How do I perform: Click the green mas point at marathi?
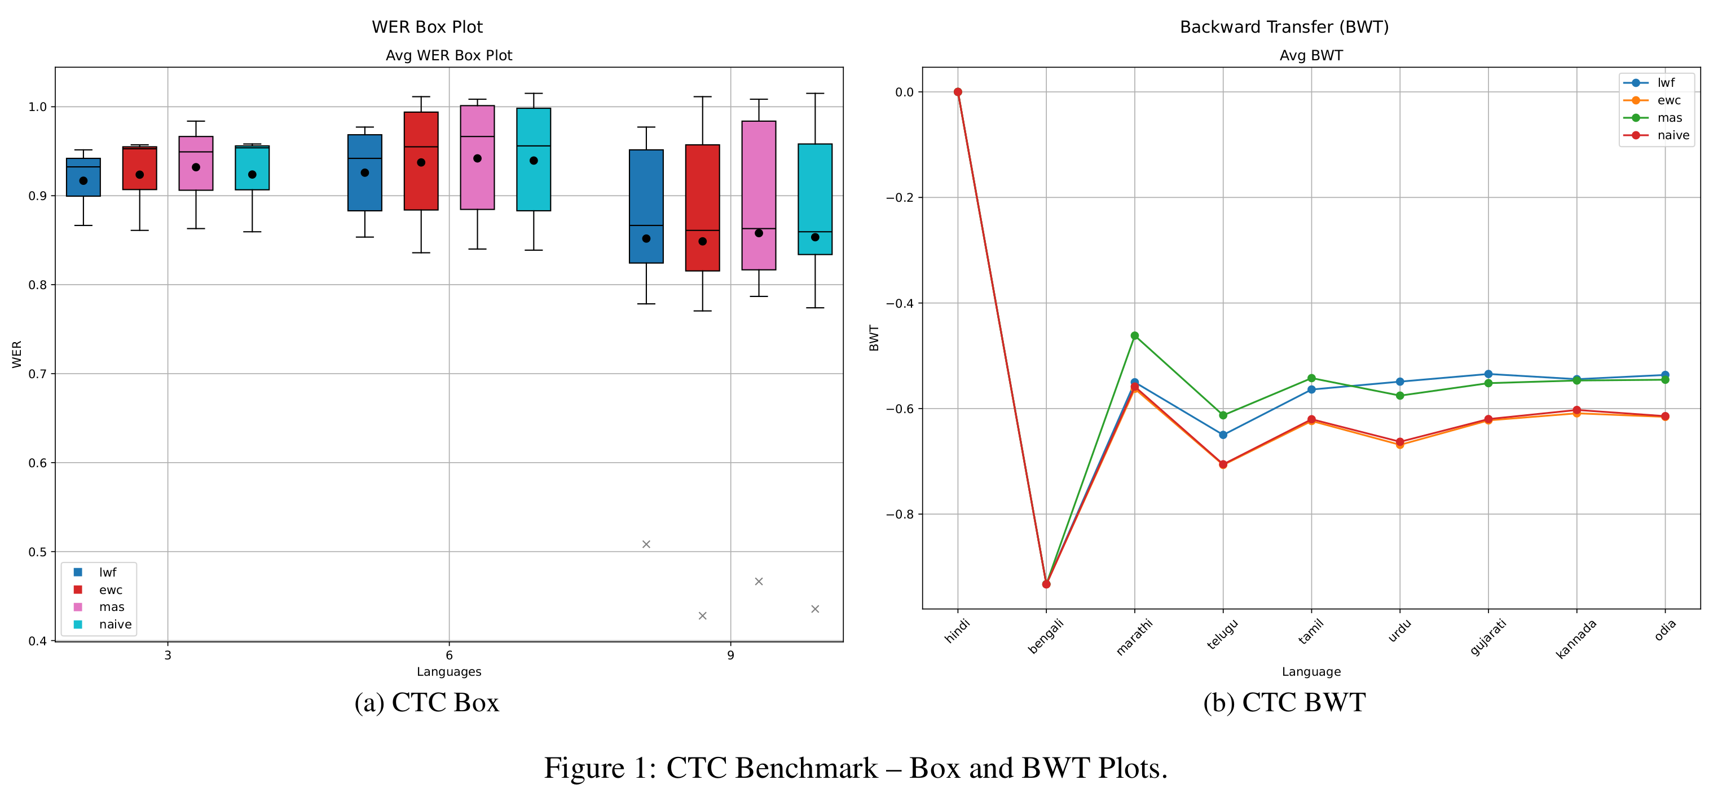pyautogui.click(x=1134, y=336)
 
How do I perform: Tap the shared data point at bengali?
pyautogui.click(x=1046, y=584)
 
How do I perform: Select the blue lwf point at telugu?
pyautogui.click(x=1223, y=435)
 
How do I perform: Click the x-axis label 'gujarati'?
pyautogui.click(x=1488, y=637)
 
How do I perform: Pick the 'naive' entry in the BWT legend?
pyautogui.click(x=1672, y=135)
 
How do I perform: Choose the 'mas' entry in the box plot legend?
pyautogui.click(x=112, y=607)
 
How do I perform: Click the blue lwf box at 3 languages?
pyautogui.click(x=83, y=178)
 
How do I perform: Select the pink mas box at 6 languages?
pyautogui.click(x=477, y=157)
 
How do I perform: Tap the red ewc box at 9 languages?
pyautogui.click(x=702, y=207)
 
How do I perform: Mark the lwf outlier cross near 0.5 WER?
pyautogui.click(x=646, y=544)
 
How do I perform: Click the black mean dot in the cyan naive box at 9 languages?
pyautogui.click(x=815, y=237)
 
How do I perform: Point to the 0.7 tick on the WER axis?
pyautogui.click(x=38, y=374)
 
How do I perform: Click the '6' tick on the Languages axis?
pyautogui.click(x=449, y=655)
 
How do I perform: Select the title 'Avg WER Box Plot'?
pyautogui.click(x=449, y=56)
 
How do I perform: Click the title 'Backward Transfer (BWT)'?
pyautogui.click(x=1284, y=27)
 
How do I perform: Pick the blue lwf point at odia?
pyautogui.click(x=1665, y=375)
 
